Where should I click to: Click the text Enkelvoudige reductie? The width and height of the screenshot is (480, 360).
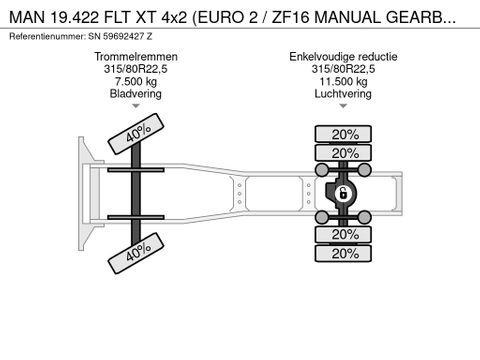343,58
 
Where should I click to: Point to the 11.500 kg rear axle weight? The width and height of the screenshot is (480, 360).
343,82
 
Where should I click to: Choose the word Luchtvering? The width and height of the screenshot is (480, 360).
343,94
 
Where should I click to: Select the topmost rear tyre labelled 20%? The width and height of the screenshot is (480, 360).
345,134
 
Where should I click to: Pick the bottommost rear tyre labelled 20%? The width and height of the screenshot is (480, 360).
345,254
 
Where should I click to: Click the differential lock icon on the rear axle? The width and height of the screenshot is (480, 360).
342,193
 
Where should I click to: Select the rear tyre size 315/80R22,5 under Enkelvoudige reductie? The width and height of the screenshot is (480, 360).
343,70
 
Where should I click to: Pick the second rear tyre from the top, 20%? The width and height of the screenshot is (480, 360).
345,153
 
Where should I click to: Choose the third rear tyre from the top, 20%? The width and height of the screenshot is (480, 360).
345,234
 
